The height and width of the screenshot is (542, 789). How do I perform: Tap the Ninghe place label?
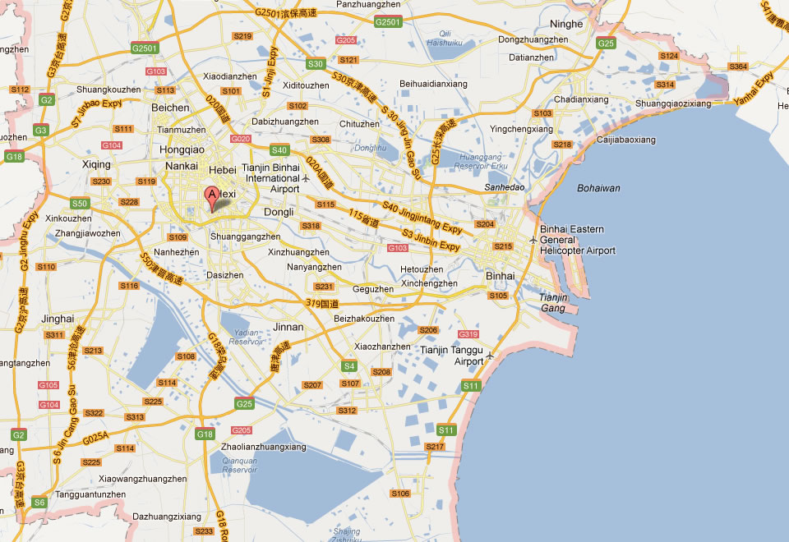[x=567, y=24]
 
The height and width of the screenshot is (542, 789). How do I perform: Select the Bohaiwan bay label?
[x=598, y=188]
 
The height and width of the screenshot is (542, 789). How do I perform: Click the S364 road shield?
[x=738, y=66]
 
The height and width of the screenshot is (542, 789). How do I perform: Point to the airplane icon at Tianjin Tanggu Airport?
[x=491, y=356]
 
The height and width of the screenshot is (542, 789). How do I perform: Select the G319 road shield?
[x=468, y=334]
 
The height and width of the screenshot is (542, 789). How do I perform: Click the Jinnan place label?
[x=288, y=327]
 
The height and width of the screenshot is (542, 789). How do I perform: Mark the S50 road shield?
[x=79, y=203]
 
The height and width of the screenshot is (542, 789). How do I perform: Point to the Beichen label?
[x=171, y=108]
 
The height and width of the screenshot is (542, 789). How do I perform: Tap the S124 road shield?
[x=669, y=56]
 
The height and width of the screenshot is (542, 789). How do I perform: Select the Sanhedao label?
[x=505, y=187]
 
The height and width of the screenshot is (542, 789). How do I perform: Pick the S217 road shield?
[x=435, y=447]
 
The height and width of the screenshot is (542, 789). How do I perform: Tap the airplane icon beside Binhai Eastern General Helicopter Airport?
[x=533, y=240]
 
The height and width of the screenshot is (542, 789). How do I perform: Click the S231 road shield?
[x=325, y=287]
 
